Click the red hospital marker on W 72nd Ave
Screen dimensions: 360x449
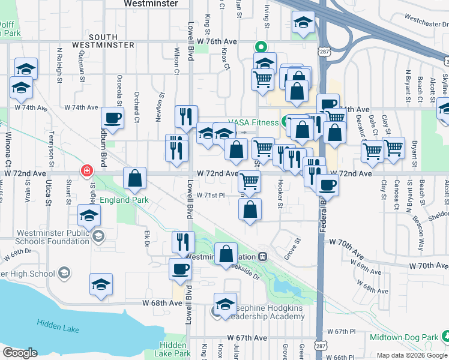(88, 171)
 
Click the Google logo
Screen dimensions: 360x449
(20, 353)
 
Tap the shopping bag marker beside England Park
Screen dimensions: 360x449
(135, 178)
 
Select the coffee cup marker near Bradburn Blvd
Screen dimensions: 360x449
(112, 118)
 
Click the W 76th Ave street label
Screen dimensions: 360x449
(217, 41)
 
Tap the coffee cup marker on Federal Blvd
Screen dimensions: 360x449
(327, 185)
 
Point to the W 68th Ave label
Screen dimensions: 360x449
(162, 303)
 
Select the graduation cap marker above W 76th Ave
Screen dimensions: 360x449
(303, 24)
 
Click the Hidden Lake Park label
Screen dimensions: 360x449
(173, 349)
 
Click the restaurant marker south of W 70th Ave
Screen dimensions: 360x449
(182, 242)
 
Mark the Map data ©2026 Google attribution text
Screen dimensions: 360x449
(411, 355)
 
